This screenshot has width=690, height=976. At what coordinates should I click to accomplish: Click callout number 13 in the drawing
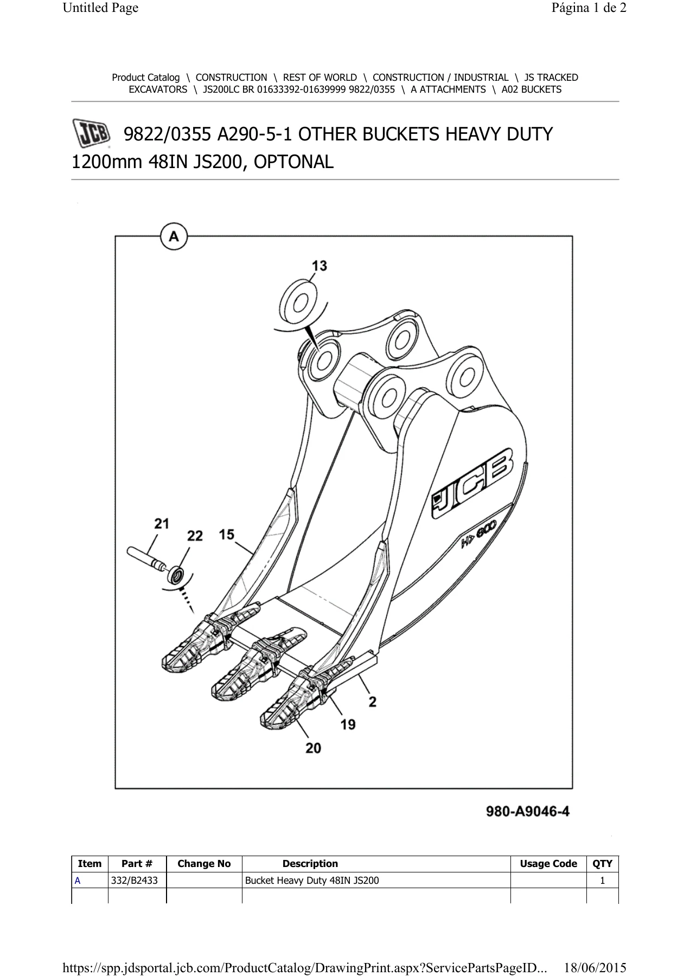[319, 266]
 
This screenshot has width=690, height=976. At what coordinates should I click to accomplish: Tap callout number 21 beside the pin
[162, 524]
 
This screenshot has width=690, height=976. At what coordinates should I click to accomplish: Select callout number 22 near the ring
[195, 536]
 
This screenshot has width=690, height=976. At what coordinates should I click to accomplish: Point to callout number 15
[227, 535]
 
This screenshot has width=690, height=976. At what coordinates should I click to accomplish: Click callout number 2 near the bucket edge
[373, 702]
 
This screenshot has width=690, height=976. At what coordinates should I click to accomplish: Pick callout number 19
[348, 724]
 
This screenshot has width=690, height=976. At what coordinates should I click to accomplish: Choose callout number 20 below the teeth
[313, 748]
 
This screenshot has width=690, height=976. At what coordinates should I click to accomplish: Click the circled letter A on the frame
[174, 237]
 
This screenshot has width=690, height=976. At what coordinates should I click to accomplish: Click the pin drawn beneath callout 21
[149, 560]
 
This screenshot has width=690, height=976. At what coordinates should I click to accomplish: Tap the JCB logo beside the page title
[91, 134]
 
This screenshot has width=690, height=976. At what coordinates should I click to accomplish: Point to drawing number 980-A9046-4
[527, 812]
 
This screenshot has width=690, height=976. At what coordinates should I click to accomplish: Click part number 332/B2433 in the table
[135, 881]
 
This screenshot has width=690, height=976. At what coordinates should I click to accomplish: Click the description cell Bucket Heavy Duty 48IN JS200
[312, 881]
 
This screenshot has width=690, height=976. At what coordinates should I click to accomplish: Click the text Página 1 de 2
[589, 8]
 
